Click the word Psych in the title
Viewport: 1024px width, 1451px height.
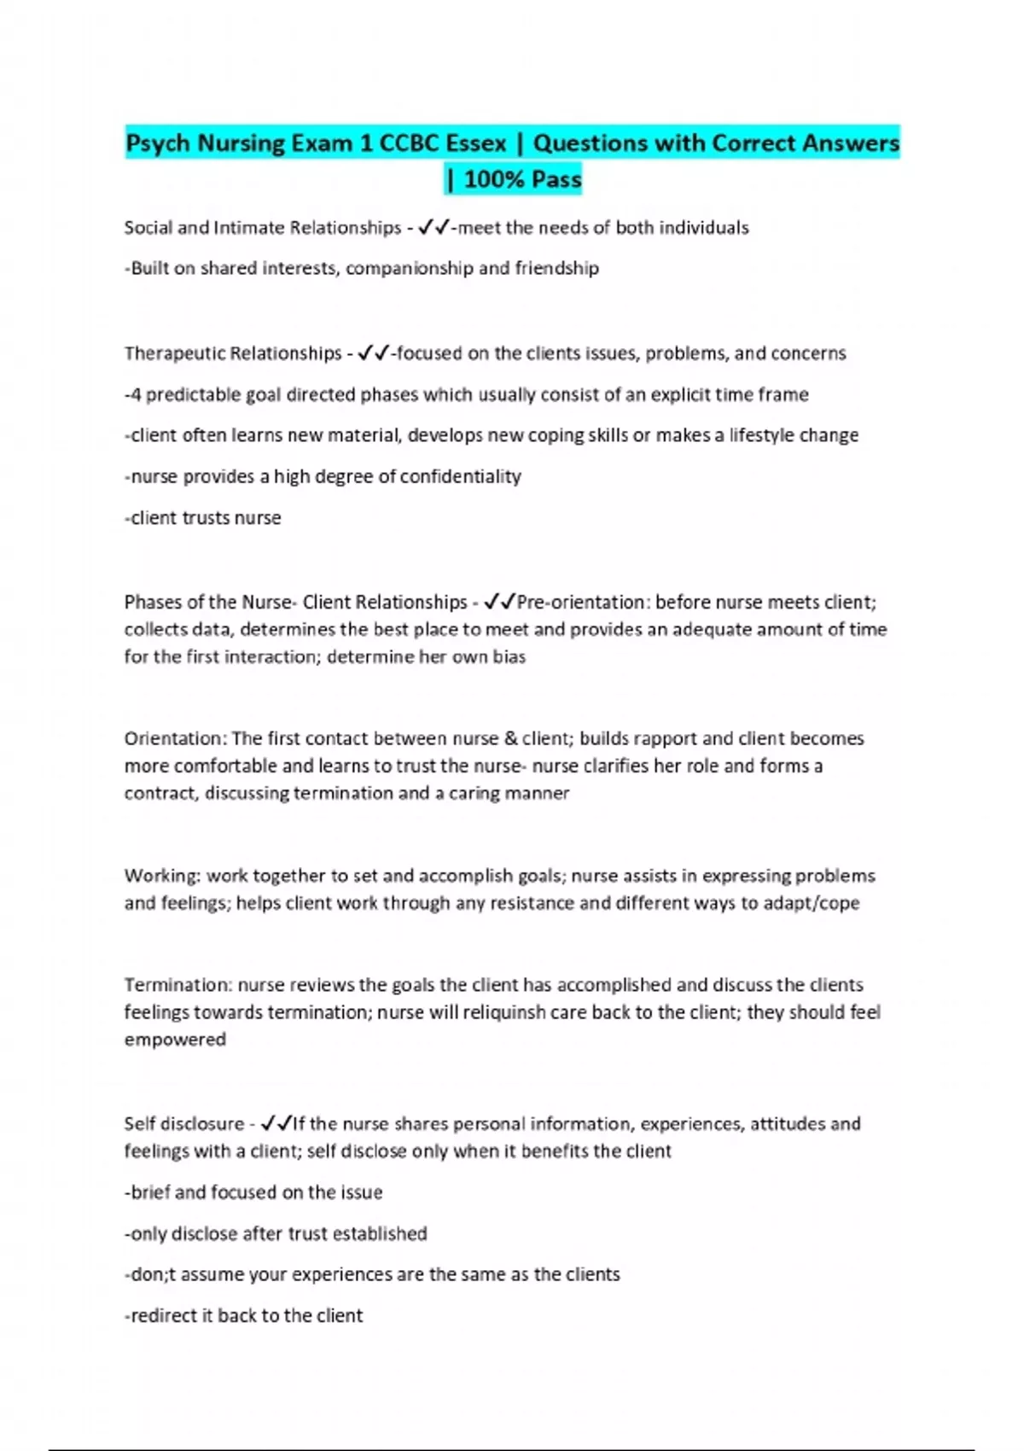159,143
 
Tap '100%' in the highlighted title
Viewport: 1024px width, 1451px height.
495,179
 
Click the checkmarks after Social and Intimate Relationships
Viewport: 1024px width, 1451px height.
435,228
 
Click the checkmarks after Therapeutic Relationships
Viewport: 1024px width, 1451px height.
374,353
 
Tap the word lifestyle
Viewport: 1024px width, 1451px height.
762,435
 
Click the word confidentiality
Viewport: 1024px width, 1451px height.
460,476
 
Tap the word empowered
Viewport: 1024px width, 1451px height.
175,1040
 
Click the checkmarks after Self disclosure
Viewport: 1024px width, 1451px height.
276,1124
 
